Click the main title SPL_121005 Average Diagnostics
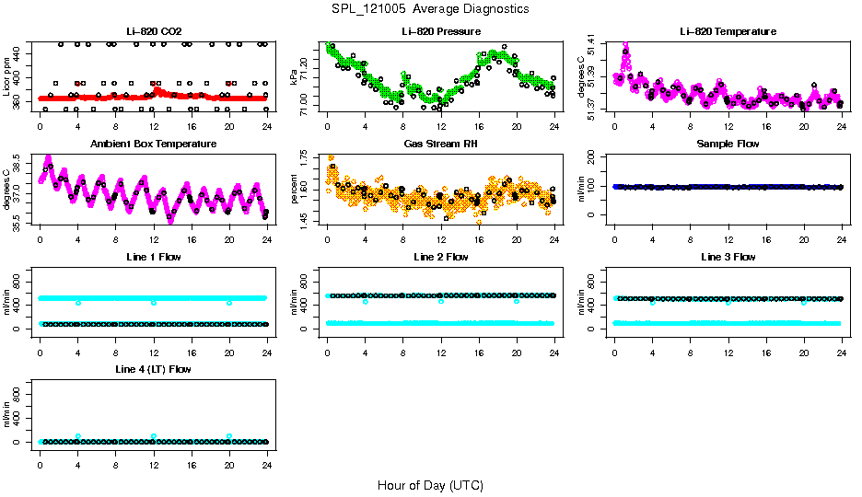pyautogui.click(x=431, y=8)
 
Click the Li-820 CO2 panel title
pyautogui.click(x=153, y=32)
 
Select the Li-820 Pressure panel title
pyautogui.click(x=440, y=32)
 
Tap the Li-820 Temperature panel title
pyautogui.click(x=728, y=32)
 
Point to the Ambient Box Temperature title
pyautogui.click(x=153, y=144)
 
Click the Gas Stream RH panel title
pyautogui.click(x=440, y=144)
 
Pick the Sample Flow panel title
pyautogui.click(x=728, y=144)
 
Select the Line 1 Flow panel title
pyautogui.click(x=153, y=257)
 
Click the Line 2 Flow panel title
pyautogui.click(x=440, y=257)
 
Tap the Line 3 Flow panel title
pyautogui.click(x=728, y=257)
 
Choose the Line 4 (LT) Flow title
pyautogui.click(x=153, y=369)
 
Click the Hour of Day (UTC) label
pyautogui.click(x=430, y=485)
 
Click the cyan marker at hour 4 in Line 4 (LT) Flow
pyautogui.click(x=78, y=436)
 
